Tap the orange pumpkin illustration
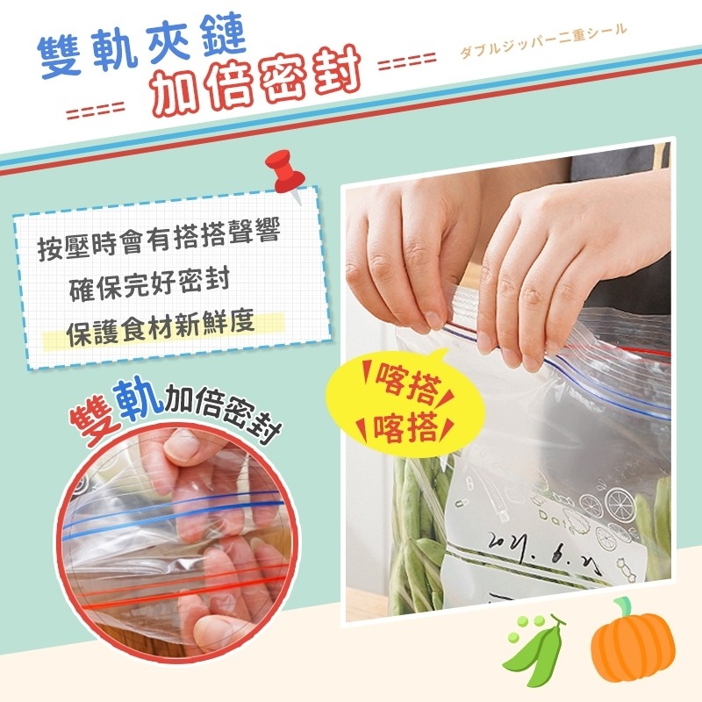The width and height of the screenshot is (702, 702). point(633,645)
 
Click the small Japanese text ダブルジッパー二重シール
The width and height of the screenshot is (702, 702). point(543,41)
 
